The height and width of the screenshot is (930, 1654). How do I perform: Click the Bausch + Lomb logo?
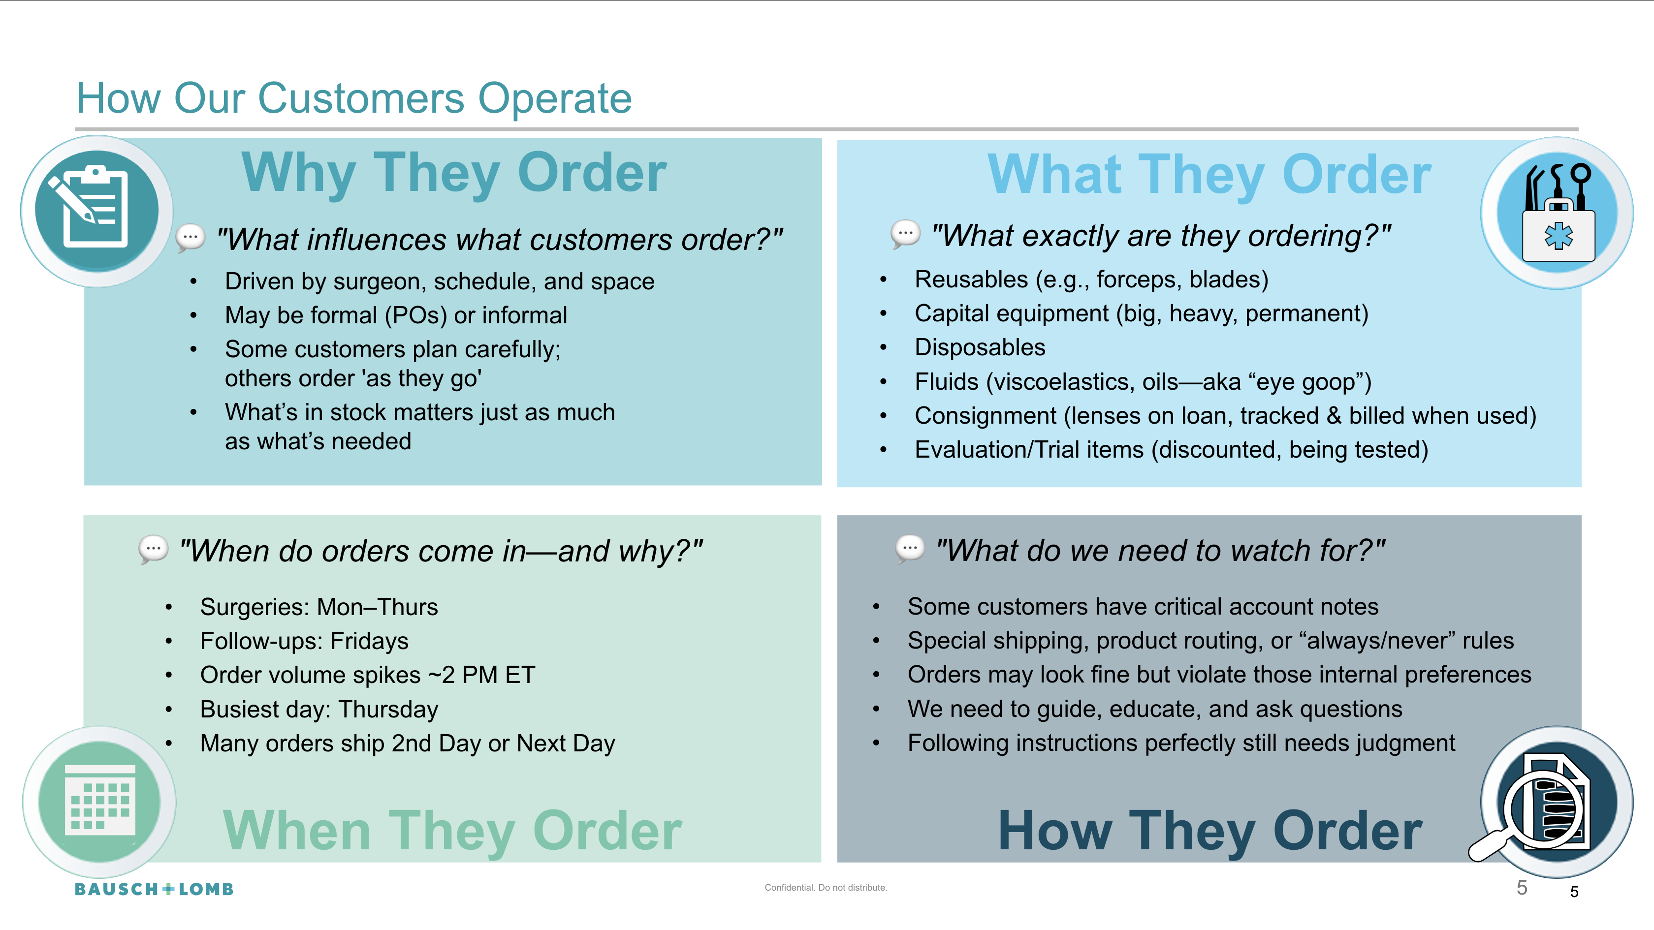[154, 889]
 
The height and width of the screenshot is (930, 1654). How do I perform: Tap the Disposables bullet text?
[980, 347]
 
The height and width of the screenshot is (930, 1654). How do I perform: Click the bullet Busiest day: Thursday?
[318, 709]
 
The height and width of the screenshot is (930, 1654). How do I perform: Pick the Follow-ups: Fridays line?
[304, 641]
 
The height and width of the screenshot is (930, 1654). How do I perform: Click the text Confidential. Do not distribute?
[826, 888]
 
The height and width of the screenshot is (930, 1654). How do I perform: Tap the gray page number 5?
[1522, 888]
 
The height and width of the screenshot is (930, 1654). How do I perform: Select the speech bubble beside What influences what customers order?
[191, 238]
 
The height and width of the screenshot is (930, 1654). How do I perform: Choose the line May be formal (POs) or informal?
[395, 315]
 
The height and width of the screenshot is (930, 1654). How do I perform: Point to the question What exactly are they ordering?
[1161, 236]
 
